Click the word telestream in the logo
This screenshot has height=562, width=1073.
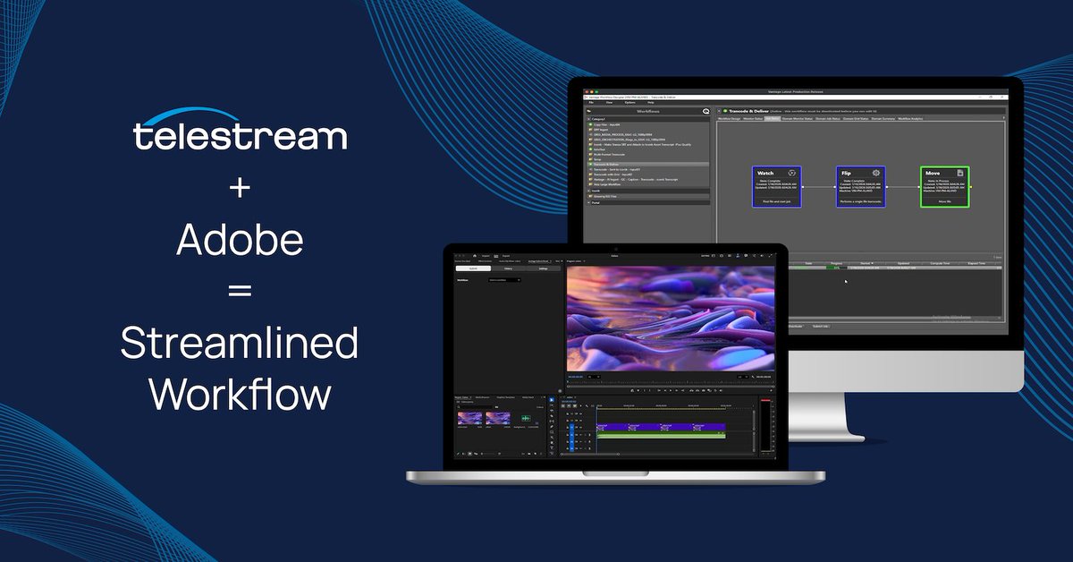pyautogui.click(x=240, y=136)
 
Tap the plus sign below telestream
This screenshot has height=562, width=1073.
pyautogui.click(x=240, y=191)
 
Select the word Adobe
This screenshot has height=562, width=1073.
pyautogui.click(x=240, y=240)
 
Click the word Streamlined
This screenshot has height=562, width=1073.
pyautogui.click(x=240, y=344)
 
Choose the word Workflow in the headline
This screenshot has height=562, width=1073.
pyautogui.click(x=240, y=394)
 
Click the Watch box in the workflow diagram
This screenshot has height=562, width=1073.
pyautogui.click(x=776, y=187)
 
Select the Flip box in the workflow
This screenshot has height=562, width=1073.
pyautogui.click(x=860, y=187)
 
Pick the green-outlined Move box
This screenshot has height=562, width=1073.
pyautogui.click(x=944, y=187)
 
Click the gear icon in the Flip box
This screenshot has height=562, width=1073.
pyautogui.click(x=875, y=173)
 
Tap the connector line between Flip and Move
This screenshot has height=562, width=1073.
pyautogui.click(x=902, y=187)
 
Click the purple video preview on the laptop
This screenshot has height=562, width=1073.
pyautogui.click(x=671, y=318)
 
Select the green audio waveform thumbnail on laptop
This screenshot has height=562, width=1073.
pyautogui.click(x=526, y=418)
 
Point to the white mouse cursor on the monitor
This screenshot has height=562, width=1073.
pyautogui.click(x=845, y=282)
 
